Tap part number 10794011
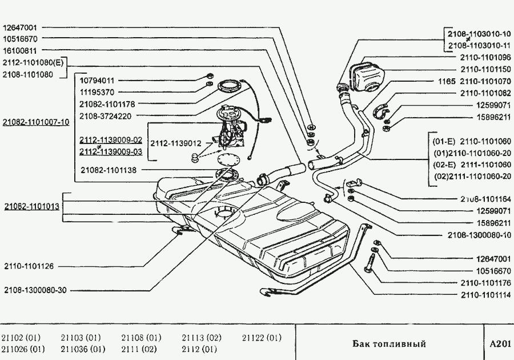pyautogui.click(x=97, y=81)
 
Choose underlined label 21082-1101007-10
pyautogui.click(x=35, y=122)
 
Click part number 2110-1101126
pyautogui.click(x=29, y=266)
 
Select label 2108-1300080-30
pyautogui.click(x=35, y=290)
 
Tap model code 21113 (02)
pyautogui.click(x=201, y=338)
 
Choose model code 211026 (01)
pyautogui.click(x=23, y=349)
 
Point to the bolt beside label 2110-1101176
pyautogui.click(x=369, y=263)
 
